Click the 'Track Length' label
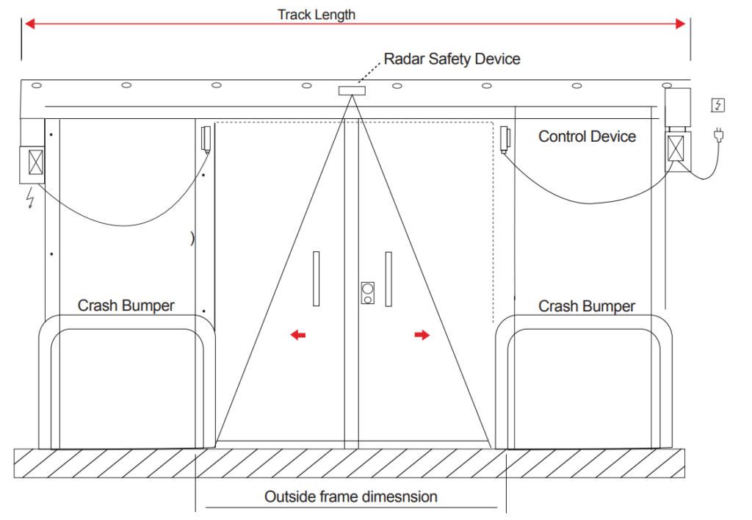pyautogui.click(x=317, y=14)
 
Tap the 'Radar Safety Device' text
pyautogui.click(x=452, y=59)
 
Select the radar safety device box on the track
pyautogui.click(x=352, y=90)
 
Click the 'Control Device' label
pyautogui.click(x=587, y=137)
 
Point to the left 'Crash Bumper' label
pyautogui.click(x=126, y=306)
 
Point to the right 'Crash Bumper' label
pyautogui.click(x=586, y=306)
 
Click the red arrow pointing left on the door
pyautogui.click(x=297, y=335)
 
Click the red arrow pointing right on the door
pyautogui.click(x=422, y=335)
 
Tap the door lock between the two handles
pyautogui.click(x=367, y=292)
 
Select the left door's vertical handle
pyautogui.click(x=316, y=278)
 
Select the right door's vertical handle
pyautogui.click(x=388, y=278)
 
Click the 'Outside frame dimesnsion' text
pyautogui.click(x=351, y=497)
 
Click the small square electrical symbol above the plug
pyautogui.click(x=717, y=105)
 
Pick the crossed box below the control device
pyautogui.click(x=677, y=148)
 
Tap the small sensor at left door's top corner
pyautogui.click(x=206, y=138)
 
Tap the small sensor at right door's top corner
pyautogui.click(x=505, y=138)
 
